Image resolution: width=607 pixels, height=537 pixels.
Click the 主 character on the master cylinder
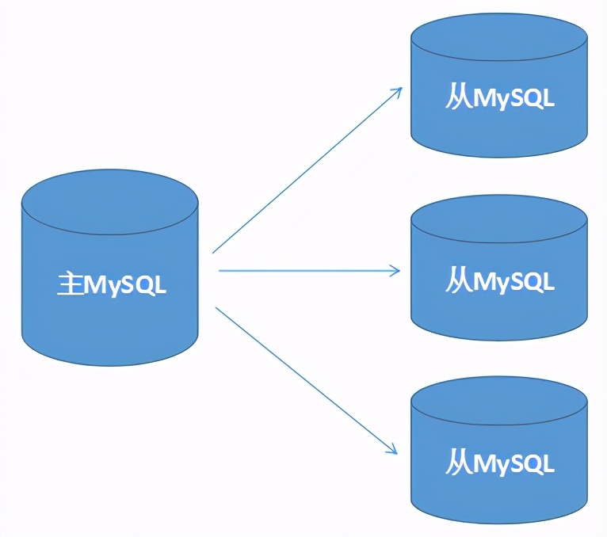coord(71,284)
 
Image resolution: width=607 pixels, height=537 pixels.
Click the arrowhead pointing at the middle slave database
coord(396,271)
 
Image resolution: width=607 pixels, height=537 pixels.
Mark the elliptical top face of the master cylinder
coord(109,202)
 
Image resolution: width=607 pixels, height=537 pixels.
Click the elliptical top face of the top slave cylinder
coord(499,36)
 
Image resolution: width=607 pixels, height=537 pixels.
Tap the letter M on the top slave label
coord(485,99)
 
